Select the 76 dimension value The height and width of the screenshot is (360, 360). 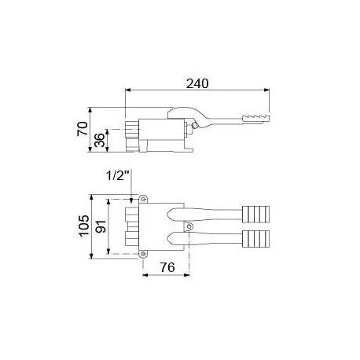point(166,266)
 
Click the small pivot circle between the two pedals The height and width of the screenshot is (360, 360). point(189,226)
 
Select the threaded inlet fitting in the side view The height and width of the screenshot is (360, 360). point(130,138)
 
